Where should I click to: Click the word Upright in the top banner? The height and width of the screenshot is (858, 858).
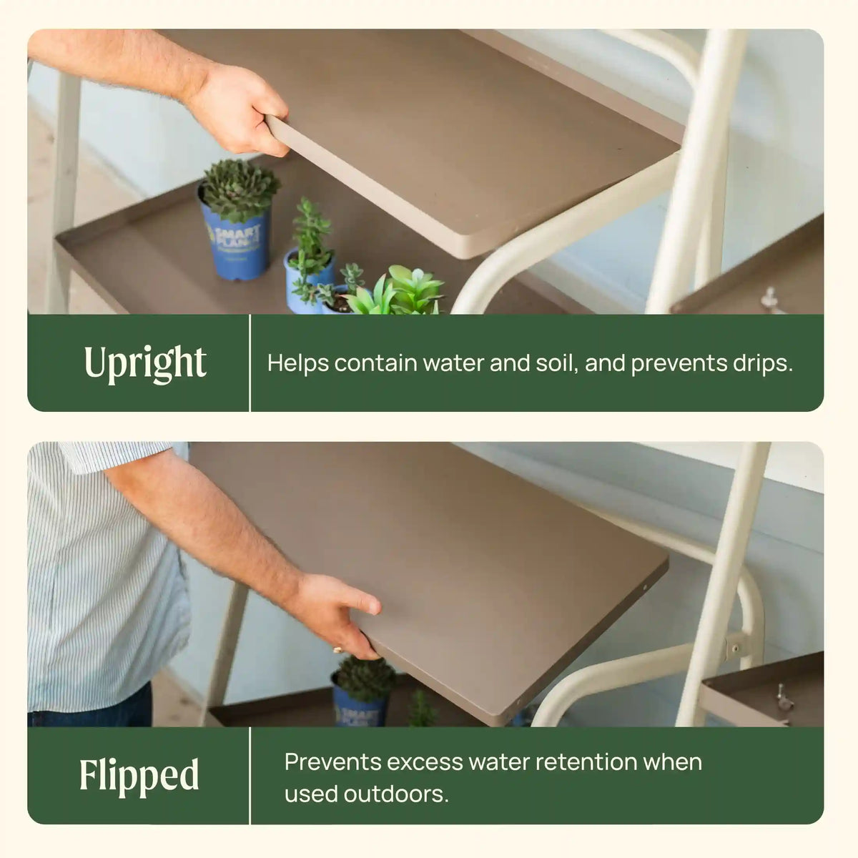145,363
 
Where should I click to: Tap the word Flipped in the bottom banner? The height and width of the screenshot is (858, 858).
139,775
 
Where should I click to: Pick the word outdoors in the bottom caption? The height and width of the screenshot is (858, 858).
396,794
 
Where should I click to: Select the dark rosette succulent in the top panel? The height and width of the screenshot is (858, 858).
239,189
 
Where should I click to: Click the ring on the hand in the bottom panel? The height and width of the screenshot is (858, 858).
338,650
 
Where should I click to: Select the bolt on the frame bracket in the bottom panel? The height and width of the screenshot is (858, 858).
735,649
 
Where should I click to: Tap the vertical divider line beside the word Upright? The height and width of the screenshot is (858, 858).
250,363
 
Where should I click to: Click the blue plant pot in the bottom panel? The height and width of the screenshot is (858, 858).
360,703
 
